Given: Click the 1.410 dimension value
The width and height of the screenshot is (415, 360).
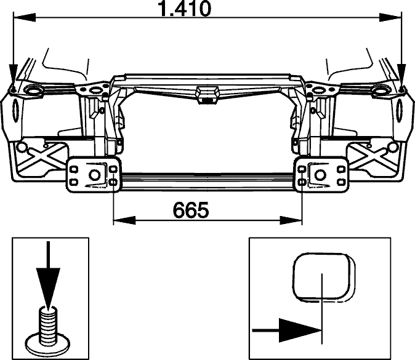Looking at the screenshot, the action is pyautogui.click(x=184, y=9).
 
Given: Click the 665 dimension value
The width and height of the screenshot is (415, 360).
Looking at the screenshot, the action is pyautogui.click(x=190, y=210).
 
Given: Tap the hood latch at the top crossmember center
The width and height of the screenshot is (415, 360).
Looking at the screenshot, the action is pyautogui.click(x=207, y=94).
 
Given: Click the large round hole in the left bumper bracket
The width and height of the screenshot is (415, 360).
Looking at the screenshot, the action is pyautogui.click(x=94, y=175).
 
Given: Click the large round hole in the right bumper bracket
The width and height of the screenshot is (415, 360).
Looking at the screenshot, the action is pyautogui.click(x=320, y=175).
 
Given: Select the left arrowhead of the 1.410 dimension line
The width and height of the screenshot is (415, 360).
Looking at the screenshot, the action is pyautogui.click(x=25, y=18).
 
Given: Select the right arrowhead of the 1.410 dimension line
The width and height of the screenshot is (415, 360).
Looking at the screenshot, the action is pyautogui.click(x=390, y=18).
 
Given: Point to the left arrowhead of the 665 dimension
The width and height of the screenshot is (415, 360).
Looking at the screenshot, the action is pyautogui.click(x=124, y=220).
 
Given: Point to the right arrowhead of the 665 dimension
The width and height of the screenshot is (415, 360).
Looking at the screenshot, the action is pyautogui.click(x=291, y=220).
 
